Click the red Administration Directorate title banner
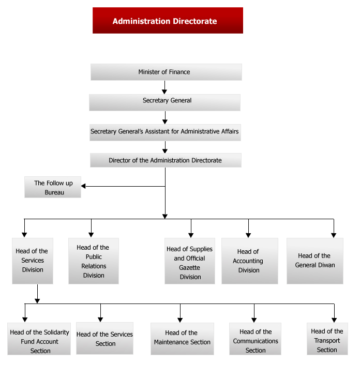[168, 20]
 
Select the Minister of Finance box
[166, 72]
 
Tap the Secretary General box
[164, 102]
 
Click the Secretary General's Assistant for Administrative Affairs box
[165, 132]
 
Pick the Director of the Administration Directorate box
[166, 160]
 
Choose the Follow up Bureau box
[53, 187]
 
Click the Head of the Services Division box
[33, 261]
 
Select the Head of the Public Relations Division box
[94, 261]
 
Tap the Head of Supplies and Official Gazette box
[190, 261]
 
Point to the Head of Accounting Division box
[250, 261]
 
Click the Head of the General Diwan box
[315, 261]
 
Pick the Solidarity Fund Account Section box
[39, 339]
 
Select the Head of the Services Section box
[104, 338]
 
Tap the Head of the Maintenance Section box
[182, 339]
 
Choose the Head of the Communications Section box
[255, 339]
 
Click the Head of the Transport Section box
[327, 339]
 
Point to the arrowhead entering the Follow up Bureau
[83, 186]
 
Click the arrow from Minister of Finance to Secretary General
[164, 87]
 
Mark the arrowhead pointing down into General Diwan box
[334, 235]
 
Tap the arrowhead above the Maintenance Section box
[180, 320]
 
